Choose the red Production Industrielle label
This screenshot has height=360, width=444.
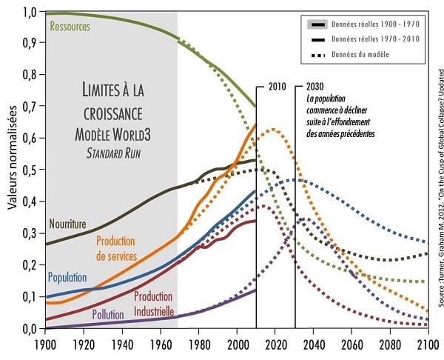160,301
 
